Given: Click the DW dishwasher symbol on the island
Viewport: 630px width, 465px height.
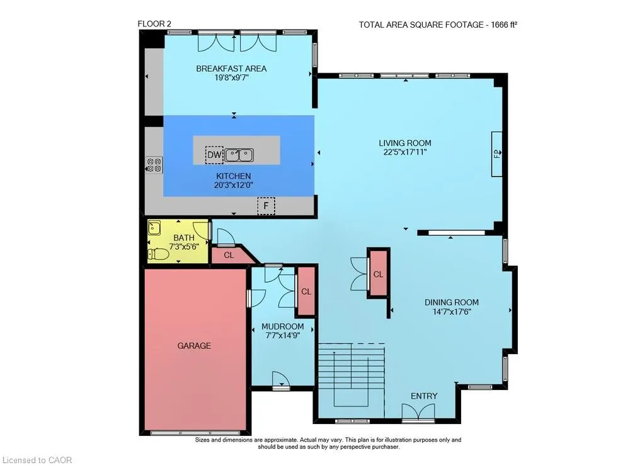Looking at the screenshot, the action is coord(214,155).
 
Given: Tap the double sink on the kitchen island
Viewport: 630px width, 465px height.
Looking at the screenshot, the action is coord(239,155).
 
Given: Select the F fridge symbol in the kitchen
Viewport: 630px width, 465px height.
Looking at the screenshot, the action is coord(266,206).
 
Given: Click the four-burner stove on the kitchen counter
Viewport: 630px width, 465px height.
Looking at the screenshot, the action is coord(154,165).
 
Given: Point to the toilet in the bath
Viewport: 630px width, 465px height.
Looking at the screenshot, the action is coord(158,254).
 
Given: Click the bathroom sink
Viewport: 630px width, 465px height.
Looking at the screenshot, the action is coord(154,228).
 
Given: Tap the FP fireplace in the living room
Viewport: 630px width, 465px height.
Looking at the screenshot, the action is coord(497,154).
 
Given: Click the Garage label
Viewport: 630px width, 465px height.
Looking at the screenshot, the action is coord(194,346).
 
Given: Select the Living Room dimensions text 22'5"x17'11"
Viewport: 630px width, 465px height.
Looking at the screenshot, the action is coord(405,152).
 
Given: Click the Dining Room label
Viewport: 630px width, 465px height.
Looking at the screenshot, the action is coord(452,302).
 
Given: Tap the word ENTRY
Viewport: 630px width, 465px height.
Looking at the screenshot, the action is coord(424,396).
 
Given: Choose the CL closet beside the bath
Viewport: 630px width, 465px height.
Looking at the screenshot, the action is coord(230,256).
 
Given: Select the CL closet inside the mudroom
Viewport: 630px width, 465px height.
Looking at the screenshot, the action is coord(306,291).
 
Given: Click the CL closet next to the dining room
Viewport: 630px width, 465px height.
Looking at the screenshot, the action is coord(378,274).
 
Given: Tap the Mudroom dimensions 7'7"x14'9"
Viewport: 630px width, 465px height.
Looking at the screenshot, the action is coord(283,336).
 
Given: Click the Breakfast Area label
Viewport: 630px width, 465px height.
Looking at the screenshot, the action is coord(231,68).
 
